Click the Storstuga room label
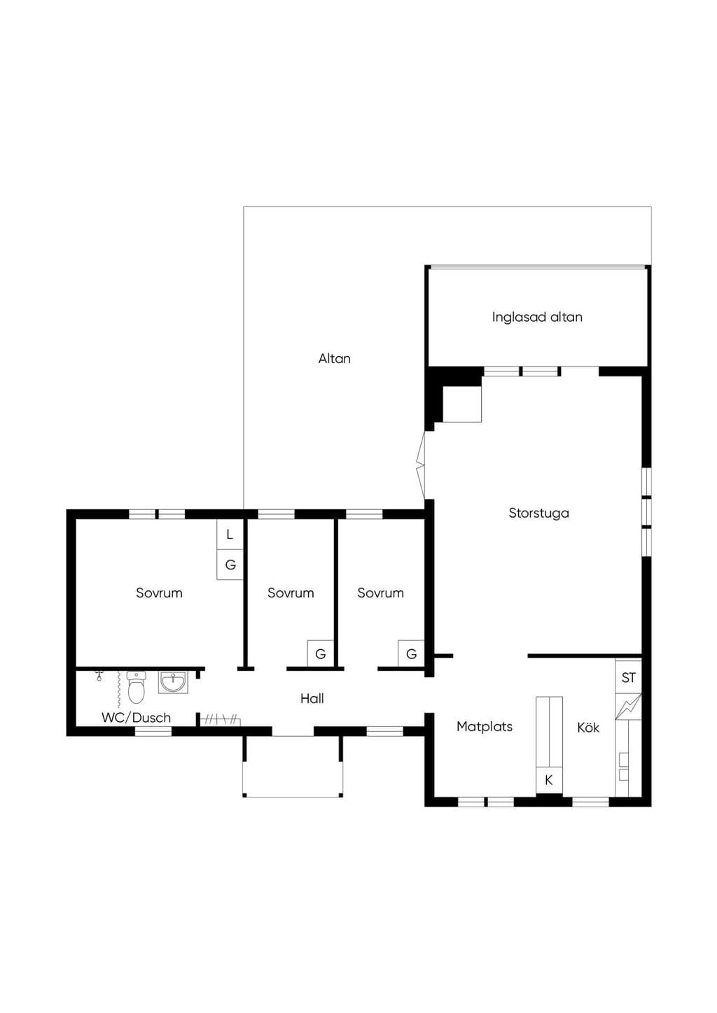tap(538, 513)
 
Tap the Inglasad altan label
tap(537, 317)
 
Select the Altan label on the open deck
tap(335, 359)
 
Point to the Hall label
tap(312, 699)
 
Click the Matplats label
tap(485, 727)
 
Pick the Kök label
tap(588, 728)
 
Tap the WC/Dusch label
tap(137, 718)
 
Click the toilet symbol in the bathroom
tap(137, 688)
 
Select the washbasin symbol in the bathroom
tap(173, 682)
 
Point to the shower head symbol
tap(99, 677)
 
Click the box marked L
tap(230, 534)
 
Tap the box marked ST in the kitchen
tap(628, 677)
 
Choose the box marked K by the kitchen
tap(549, 780)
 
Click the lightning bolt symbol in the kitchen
tap(628, 707)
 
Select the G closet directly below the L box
tap(230, 565)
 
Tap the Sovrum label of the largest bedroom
tap(160, 593)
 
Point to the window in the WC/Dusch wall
tap(153, 731)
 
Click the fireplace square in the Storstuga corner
tap(461, 404)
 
